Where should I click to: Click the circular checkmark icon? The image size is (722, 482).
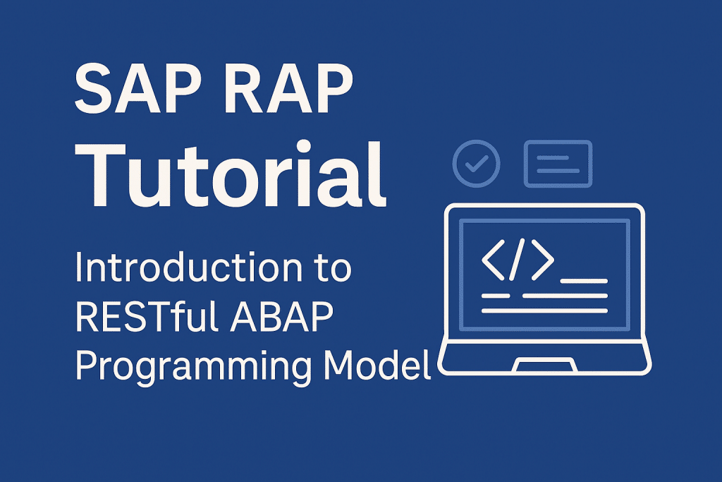pyautogui.click(x=477, y=163)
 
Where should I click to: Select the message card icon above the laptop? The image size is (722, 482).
pyautogui.click(x=558, y=164)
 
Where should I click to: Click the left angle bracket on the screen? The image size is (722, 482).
pyautogui.click(x=492, y=260)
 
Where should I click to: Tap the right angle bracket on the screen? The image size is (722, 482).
pyautogui.click(x=542, y=260)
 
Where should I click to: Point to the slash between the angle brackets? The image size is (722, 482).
pyautogui.click(x=517, y=260)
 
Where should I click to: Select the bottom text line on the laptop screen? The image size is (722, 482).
pyautogui.click(x=544, y=311)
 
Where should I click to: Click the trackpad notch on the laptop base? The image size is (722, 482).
pyautogui.click(x=544, y=366)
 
